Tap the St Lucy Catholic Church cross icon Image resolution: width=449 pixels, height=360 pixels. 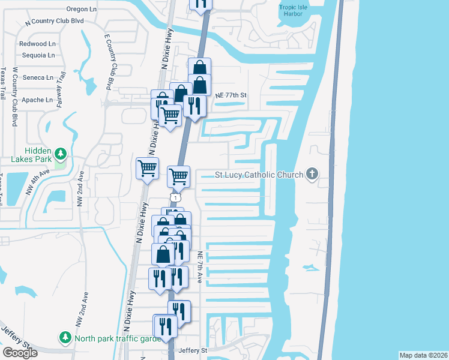312,175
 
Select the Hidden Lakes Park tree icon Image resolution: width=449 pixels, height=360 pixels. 60,154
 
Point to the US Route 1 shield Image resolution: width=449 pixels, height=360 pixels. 175,197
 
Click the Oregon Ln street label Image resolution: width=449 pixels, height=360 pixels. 81,9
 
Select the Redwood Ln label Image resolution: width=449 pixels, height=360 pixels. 37,44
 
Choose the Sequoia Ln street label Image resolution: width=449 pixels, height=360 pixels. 37,55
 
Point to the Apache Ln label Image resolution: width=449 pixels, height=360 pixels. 37,100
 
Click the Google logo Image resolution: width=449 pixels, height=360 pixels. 20,353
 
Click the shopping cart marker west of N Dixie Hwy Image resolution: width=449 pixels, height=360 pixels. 148,168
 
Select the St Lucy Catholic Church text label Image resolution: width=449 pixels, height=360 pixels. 259,176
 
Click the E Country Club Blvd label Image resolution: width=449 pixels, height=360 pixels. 109,61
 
